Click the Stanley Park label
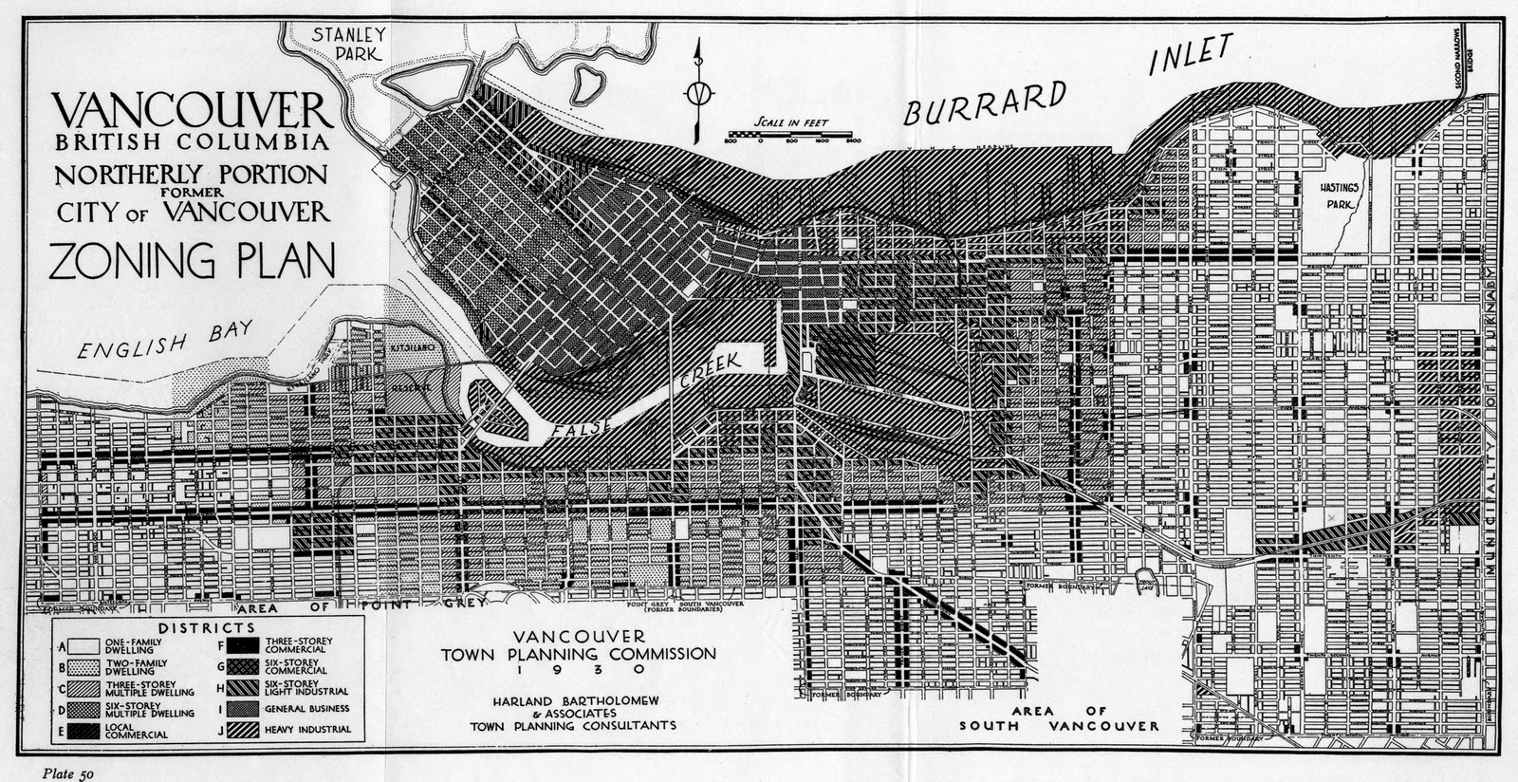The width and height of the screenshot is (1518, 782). click(x=347, y=44)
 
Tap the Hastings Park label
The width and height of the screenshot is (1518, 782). click(x=1341, y=195)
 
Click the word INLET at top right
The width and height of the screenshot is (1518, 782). click(x=1191, y=54)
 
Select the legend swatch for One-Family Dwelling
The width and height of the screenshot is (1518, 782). click(x=85, y=645)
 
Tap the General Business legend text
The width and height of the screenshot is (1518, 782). click(x=306, y=708)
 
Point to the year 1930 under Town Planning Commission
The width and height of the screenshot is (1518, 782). click(x=578, y=670)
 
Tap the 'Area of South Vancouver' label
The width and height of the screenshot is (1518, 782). click(x=1058, y=718)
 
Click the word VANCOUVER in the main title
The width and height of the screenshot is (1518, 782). click(x=194, y=111)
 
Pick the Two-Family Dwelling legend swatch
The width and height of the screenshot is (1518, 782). click(x=85, y=667)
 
